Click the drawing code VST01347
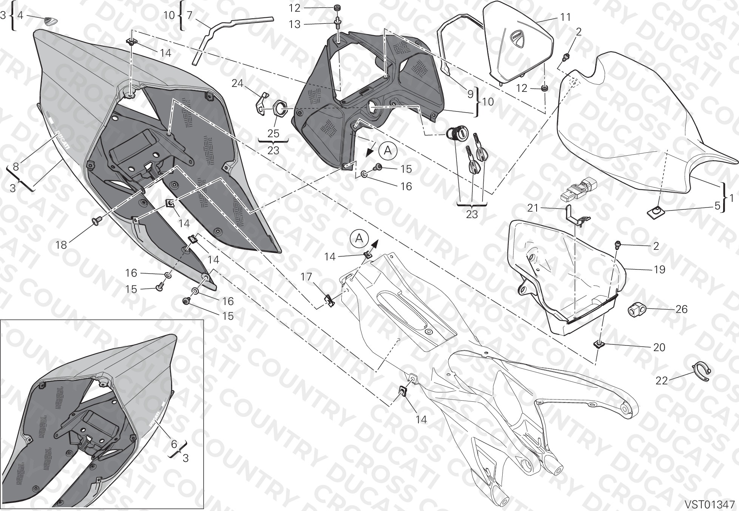click(710, 504)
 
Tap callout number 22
click(662, 381)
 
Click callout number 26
click(681, 309)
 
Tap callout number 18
click(61, 245)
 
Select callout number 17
click(306, 277)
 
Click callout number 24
click(238, 83)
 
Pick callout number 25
click(273, 133)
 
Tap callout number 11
click(565, 17)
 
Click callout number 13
click(295, 24)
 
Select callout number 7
click(190, 15)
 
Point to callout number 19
click(659, 269)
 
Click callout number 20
click(659, 347)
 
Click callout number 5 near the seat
click(717, 206)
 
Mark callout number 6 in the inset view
click(174, 444)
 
